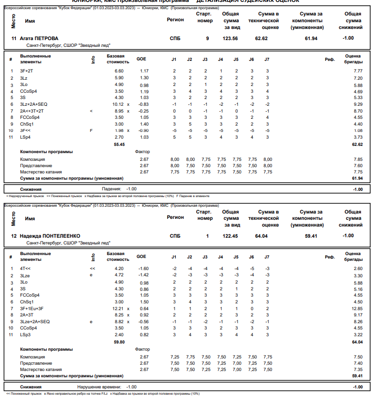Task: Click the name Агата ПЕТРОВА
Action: pyautogui.click(x=39, y=38)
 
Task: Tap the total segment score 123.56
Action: pyautogui.click(x=230, y=38)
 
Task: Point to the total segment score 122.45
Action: pyautogui.click(x=230, y=236)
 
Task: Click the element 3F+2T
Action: pyautogui.click(x=27, y=71)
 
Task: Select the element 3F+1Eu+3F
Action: pyautogui.click(x=32, y=308)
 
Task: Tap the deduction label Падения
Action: pyautogui.click(x=111, y=189)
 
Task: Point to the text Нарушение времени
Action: pyautogui.click(x=100, y=387)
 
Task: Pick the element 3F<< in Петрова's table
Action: pyautogui.click(x=25, y=130)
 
